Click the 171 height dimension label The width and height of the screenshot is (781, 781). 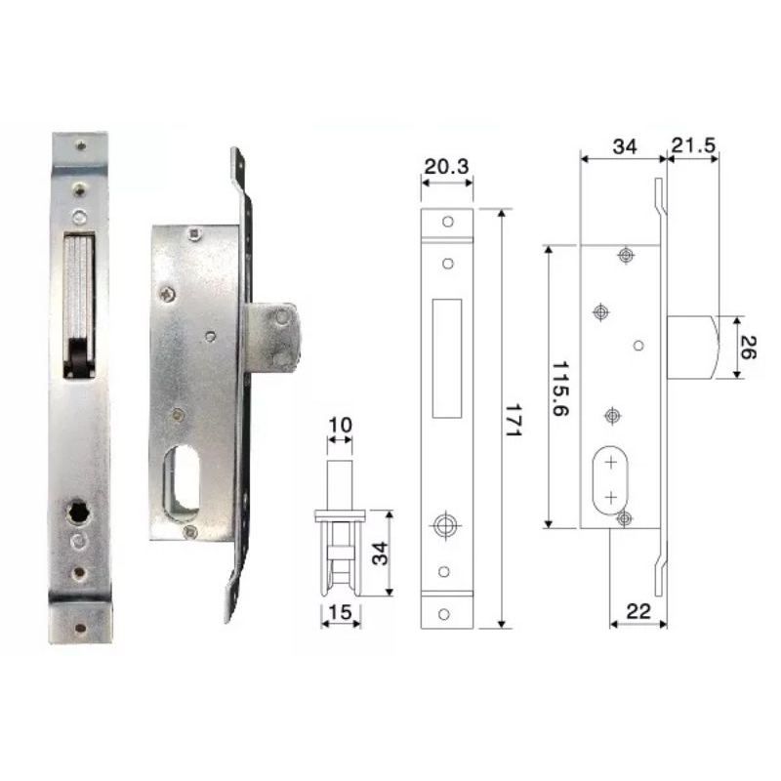(513, 420)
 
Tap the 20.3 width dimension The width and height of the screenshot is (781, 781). (446, 166)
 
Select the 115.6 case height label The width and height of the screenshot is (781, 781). (560, 389)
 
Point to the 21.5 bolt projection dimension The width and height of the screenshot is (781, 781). (693, 145)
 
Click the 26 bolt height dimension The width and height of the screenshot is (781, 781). (748, 348)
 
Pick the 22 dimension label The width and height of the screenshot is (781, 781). (638, 611)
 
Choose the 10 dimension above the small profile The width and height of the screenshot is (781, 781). (340, 425)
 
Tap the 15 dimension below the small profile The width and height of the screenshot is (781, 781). (341, 612)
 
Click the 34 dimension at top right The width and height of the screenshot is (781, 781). (625, 146)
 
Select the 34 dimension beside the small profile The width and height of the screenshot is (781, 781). (380, 554)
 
